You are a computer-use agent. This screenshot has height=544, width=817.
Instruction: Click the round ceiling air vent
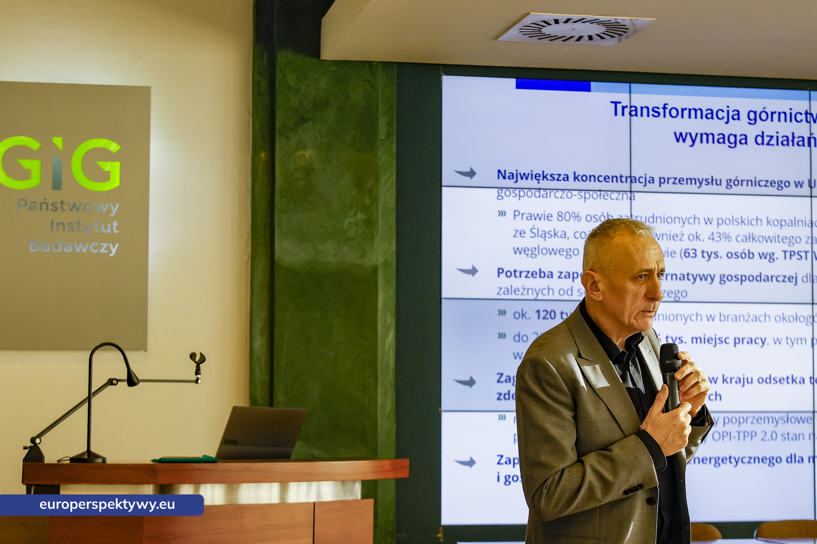(575, 29)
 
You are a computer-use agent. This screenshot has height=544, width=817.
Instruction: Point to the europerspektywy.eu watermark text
(107, 505)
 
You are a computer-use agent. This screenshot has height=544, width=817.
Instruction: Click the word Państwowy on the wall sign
(68, 206)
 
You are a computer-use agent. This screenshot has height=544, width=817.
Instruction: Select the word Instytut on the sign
(84, 226)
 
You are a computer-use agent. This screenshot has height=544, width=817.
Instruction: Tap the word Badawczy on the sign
(74, 246)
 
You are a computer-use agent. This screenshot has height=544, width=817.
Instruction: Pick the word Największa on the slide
(533, 175)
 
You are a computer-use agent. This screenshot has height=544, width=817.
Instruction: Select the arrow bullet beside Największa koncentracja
(466, 173)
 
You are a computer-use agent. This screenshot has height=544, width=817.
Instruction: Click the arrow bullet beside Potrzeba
(468, 271)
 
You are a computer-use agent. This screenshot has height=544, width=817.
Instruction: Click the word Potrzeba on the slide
(525, 273)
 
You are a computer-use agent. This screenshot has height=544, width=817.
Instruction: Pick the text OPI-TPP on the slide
(734, 436)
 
